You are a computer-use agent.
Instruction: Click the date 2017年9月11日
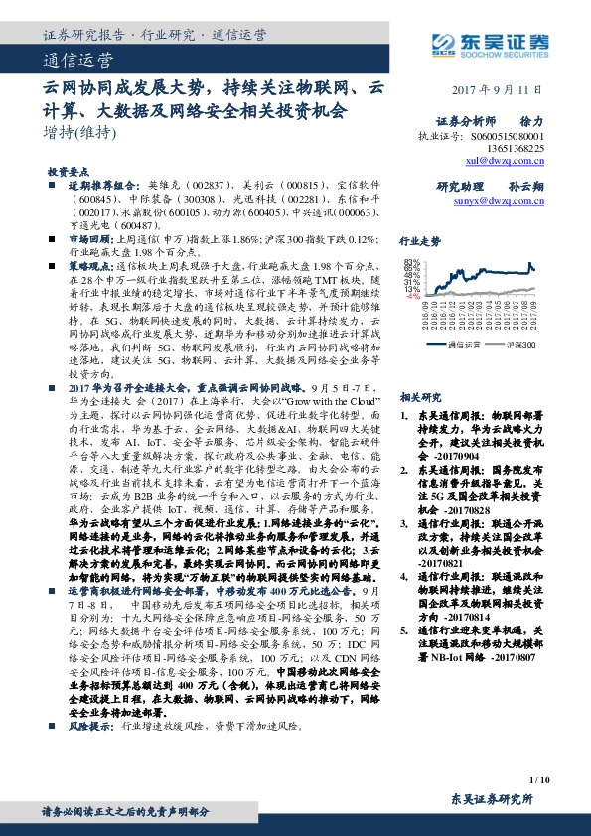(x=510, y=88)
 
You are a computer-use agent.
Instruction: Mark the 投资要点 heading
(x=71, y=172)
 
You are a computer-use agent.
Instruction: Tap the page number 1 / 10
(x=539, y=784)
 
